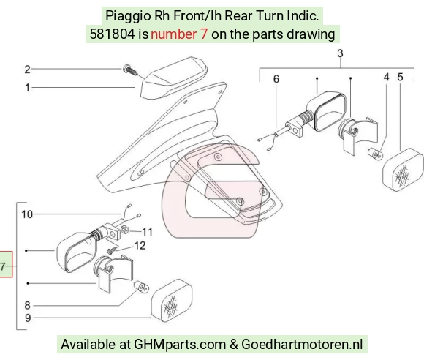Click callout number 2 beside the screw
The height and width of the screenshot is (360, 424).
(x=27, y=70)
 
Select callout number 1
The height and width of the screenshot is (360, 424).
(x=27, y=88)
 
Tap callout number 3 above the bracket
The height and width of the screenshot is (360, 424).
(x=340, y=53)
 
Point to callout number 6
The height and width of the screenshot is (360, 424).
(x=276, y=79)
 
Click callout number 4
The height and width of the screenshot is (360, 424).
(x=387, y=77)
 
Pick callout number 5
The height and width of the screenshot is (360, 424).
(x=400, y=77)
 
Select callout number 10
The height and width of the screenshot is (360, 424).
(x=27, y=214)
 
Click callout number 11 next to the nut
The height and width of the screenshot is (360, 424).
(x=148, y=232)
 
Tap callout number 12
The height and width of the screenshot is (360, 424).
(x=140, y=246)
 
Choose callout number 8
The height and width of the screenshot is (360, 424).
(x=27, y=305)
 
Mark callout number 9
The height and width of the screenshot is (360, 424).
(x=28, y=318)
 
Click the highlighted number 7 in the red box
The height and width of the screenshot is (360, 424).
(x=3, y=266)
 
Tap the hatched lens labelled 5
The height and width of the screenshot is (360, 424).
(x=404, y=170)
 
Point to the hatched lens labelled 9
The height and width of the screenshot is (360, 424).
(x=172, y=300)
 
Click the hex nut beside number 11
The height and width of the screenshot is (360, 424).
(x=124, y=230)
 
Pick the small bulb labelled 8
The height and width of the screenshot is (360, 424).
(x=141, y=287)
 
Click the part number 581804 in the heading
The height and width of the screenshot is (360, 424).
(x=112, y=34)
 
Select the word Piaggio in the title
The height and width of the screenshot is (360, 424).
(x=128, y=16)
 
